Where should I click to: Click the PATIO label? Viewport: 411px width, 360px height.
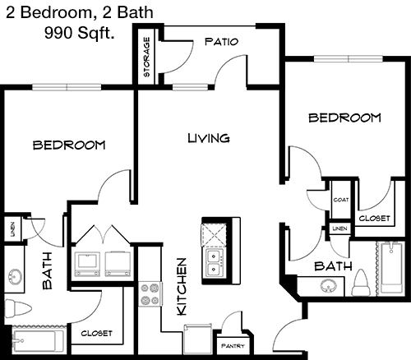221,42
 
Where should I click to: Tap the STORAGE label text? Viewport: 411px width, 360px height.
147,57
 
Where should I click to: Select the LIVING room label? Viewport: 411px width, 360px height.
209,138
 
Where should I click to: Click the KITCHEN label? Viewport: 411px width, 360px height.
182,287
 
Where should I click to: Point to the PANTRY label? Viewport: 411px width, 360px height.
233,346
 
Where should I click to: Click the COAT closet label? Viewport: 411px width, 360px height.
341,200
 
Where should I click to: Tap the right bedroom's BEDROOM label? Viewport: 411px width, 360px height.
345,118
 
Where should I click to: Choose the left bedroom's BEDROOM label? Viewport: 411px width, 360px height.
69,145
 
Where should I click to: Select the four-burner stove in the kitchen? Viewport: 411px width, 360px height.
150,294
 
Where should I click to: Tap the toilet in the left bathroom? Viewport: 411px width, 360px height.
18,308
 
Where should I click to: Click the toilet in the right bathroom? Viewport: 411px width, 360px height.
361,283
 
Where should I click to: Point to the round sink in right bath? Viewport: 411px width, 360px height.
329,287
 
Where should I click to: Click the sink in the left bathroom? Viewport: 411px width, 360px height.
14,276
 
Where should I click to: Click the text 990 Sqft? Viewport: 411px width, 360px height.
79,34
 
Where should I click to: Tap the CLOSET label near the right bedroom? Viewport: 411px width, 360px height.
374,219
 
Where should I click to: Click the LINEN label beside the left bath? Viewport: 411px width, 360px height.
12,229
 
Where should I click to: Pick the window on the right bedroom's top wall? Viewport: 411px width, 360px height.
349,59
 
